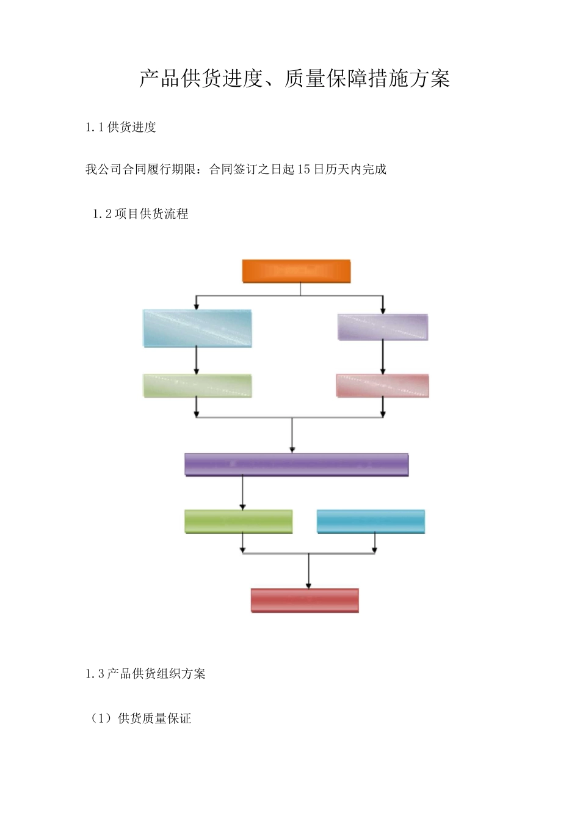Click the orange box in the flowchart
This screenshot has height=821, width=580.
point(296,271)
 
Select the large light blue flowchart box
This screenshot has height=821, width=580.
point(197,329)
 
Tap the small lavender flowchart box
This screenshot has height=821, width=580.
point(383,327)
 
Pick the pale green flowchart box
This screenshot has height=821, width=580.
point(197,386)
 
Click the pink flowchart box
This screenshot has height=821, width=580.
point(383,386)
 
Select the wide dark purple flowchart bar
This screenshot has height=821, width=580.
point(296,465)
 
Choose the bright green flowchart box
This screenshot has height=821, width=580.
point(238,522)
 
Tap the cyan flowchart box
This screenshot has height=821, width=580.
point(371,522)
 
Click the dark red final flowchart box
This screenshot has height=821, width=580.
point(305,600)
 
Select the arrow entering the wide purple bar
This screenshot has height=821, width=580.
point(292,437)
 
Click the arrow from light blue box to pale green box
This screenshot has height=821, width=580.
point(197,361)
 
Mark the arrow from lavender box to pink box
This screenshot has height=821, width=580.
point(383,358)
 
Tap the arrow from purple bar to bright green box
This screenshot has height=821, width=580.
point(243,494)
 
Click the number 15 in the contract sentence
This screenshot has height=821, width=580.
point(304,169)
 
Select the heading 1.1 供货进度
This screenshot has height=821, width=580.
point(121,127)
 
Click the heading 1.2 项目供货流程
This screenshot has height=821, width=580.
point(140,214)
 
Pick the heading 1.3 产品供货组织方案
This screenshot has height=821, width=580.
point(145,674)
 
